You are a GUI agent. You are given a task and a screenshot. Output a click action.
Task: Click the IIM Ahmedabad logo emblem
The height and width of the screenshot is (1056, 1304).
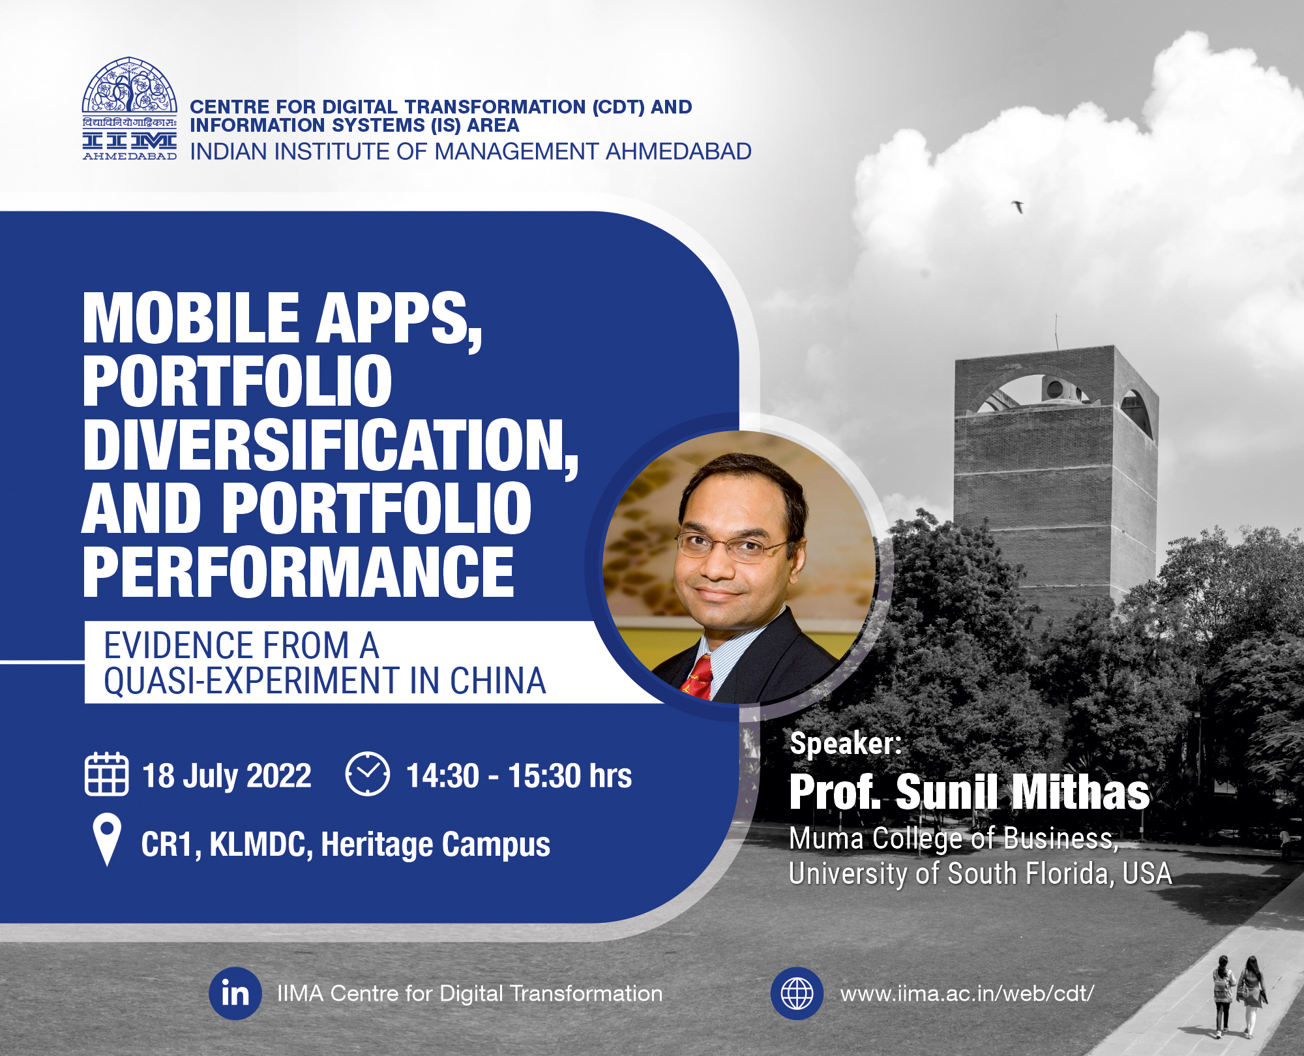(129, 108)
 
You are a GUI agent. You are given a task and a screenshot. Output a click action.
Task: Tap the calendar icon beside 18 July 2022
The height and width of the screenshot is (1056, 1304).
(106, 774)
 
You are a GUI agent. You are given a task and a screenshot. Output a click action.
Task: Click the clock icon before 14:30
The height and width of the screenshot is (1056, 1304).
(367, 774)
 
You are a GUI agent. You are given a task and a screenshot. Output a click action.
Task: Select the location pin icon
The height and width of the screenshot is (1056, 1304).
(107, 839)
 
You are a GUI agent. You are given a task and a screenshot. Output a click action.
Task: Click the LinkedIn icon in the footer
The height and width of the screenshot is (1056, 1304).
(235, 993)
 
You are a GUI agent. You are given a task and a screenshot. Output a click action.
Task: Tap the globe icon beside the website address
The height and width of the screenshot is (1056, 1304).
(797, 993)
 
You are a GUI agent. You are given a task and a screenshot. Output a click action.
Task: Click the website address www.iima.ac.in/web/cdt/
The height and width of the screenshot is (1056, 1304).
(967, 993)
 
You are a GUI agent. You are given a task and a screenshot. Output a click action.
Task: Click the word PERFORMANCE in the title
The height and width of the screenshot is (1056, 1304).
(299, 572)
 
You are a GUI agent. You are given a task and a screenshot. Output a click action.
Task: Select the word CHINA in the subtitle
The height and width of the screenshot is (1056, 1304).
(498, 681)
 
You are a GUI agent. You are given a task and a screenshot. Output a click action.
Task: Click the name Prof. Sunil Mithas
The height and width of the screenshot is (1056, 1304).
(969, 792)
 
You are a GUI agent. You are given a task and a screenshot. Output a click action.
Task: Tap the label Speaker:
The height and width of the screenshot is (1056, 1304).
(846, 743)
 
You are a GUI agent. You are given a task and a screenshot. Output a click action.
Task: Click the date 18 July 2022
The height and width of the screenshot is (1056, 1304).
(227, 776)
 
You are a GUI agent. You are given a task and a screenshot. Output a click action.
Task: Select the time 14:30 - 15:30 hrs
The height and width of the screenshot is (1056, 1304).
(519, 776)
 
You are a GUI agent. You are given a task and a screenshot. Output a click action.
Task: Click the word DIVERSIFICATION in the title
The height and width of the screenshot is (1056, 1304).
(330, 445)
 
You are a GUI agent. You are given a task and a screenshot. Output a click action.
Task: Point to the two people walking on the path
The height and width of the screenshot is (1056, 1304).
(1237, 995)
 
